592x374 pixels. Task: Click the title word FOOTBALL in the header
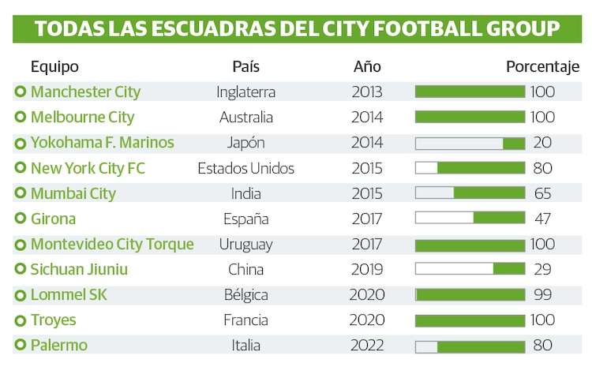click(x=422, y=28)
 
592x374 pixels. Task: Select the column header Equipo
click(x=54, y=67)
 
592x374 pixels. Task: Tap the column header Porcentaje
click(x=542, y=67)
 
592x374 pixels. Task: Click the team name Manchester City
click(x=85, y=92)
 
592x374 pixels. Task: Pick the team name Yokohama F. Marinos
click(x=102, y=143)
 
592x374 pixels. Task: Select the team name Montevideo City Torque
click(x=112, y=245)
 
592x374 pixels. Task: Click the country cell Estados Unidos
click(x=245, y=168)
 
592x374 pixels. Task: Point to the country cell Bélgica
click(x=245, y=295)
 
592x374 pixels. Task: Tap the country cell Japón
click(x=245, y=143)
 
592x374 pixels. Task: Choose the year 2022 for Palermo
click(x=367, y=346)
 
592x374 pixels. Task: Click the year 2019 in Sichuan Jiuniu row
click(x=367, y=270)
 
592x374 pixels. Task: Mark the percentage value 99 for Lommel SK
click(x=541, y=295)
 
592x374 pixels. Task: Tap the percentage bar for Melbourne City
click(x=470, y=118)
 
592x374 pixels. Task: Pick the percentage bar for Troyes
click(x=470, y=320)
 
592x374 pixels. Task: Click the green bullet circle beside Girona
click(x=20, y=219)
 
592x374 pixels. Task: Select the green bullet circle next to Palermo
click(x=20, y=346)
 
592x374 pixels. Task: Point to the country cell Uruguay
click(x=245, y=245)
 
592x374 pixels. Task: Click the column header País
click(x=245, y=67)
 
